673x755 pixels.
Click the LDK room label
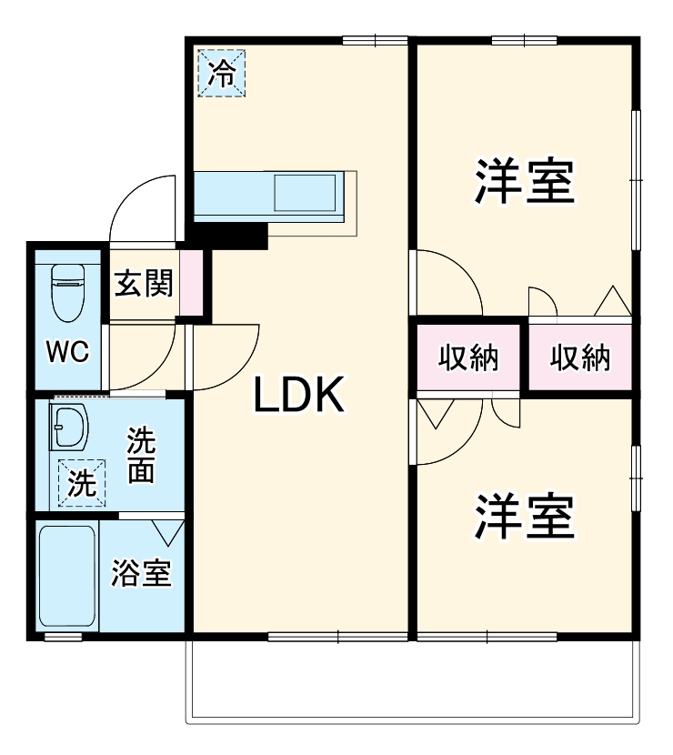point(298,395)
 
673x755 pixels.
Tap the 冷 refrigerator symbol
point(221,73)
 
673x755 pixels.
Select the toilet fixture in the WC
point(67,290)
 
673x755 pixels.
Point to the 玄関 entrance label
point(143,286)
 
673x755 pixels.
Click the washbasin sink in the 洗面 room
point(68,425)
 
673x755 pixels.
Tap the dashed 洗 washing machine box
point(82,482)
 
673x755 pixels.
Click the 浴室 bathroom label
point(142,575)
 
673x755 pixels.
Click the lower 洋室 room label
point(523,517)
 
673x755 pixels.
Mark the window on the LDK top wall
point(376,40)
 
